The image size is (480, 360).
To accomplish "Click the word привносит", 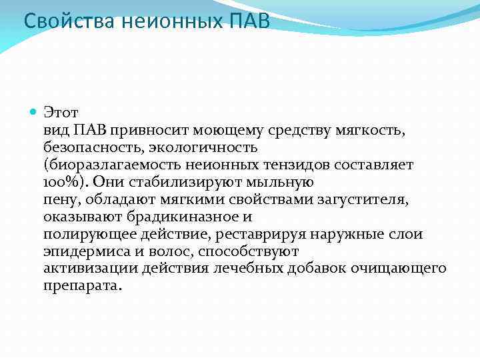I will click(145, 128).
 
